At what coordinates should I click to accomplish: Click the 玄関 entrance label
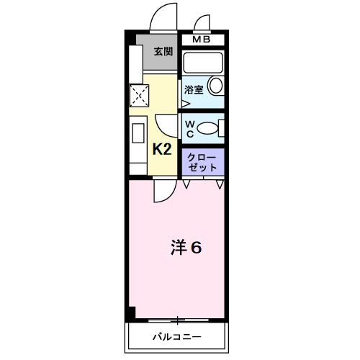coord(163,52)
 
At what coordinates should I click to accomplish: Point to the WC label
coord(190,129)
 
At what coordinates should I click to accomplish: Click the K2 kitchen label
coord(161,149)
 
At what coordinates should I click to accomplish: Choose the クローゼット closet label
coord(202,161)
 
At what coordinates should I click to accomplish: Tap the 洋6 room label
coord(186,247)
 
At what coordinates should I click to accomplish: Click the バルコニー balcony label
coord(176,337)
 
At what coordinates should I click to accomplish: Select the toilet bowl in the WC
coord(208,129)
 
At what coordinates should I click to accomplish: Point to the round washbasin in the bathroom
coord(215,87)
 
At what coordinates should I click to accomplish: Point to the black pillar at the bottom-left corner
coord(130,315)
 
